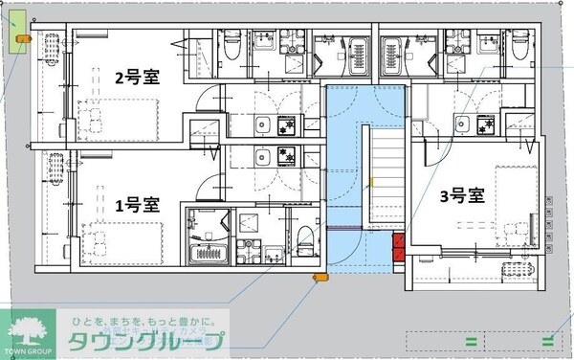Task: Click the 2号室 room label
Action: click(x=138, y=78)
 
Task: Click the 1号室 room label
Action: click(x=137, y=204)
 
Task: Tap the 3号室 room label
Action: click(x=462, y=196)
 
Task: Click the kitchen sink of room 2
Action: click(x=261, y=125)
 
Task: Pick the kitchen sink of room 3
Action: click(x=462, y=123)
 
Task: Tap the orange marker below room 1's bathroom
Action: click(x=320, y=277)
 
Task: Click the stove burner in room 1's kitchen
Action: click(x=283, y=154)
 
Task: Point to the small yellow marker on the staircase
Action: click(x=371, y=181)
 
